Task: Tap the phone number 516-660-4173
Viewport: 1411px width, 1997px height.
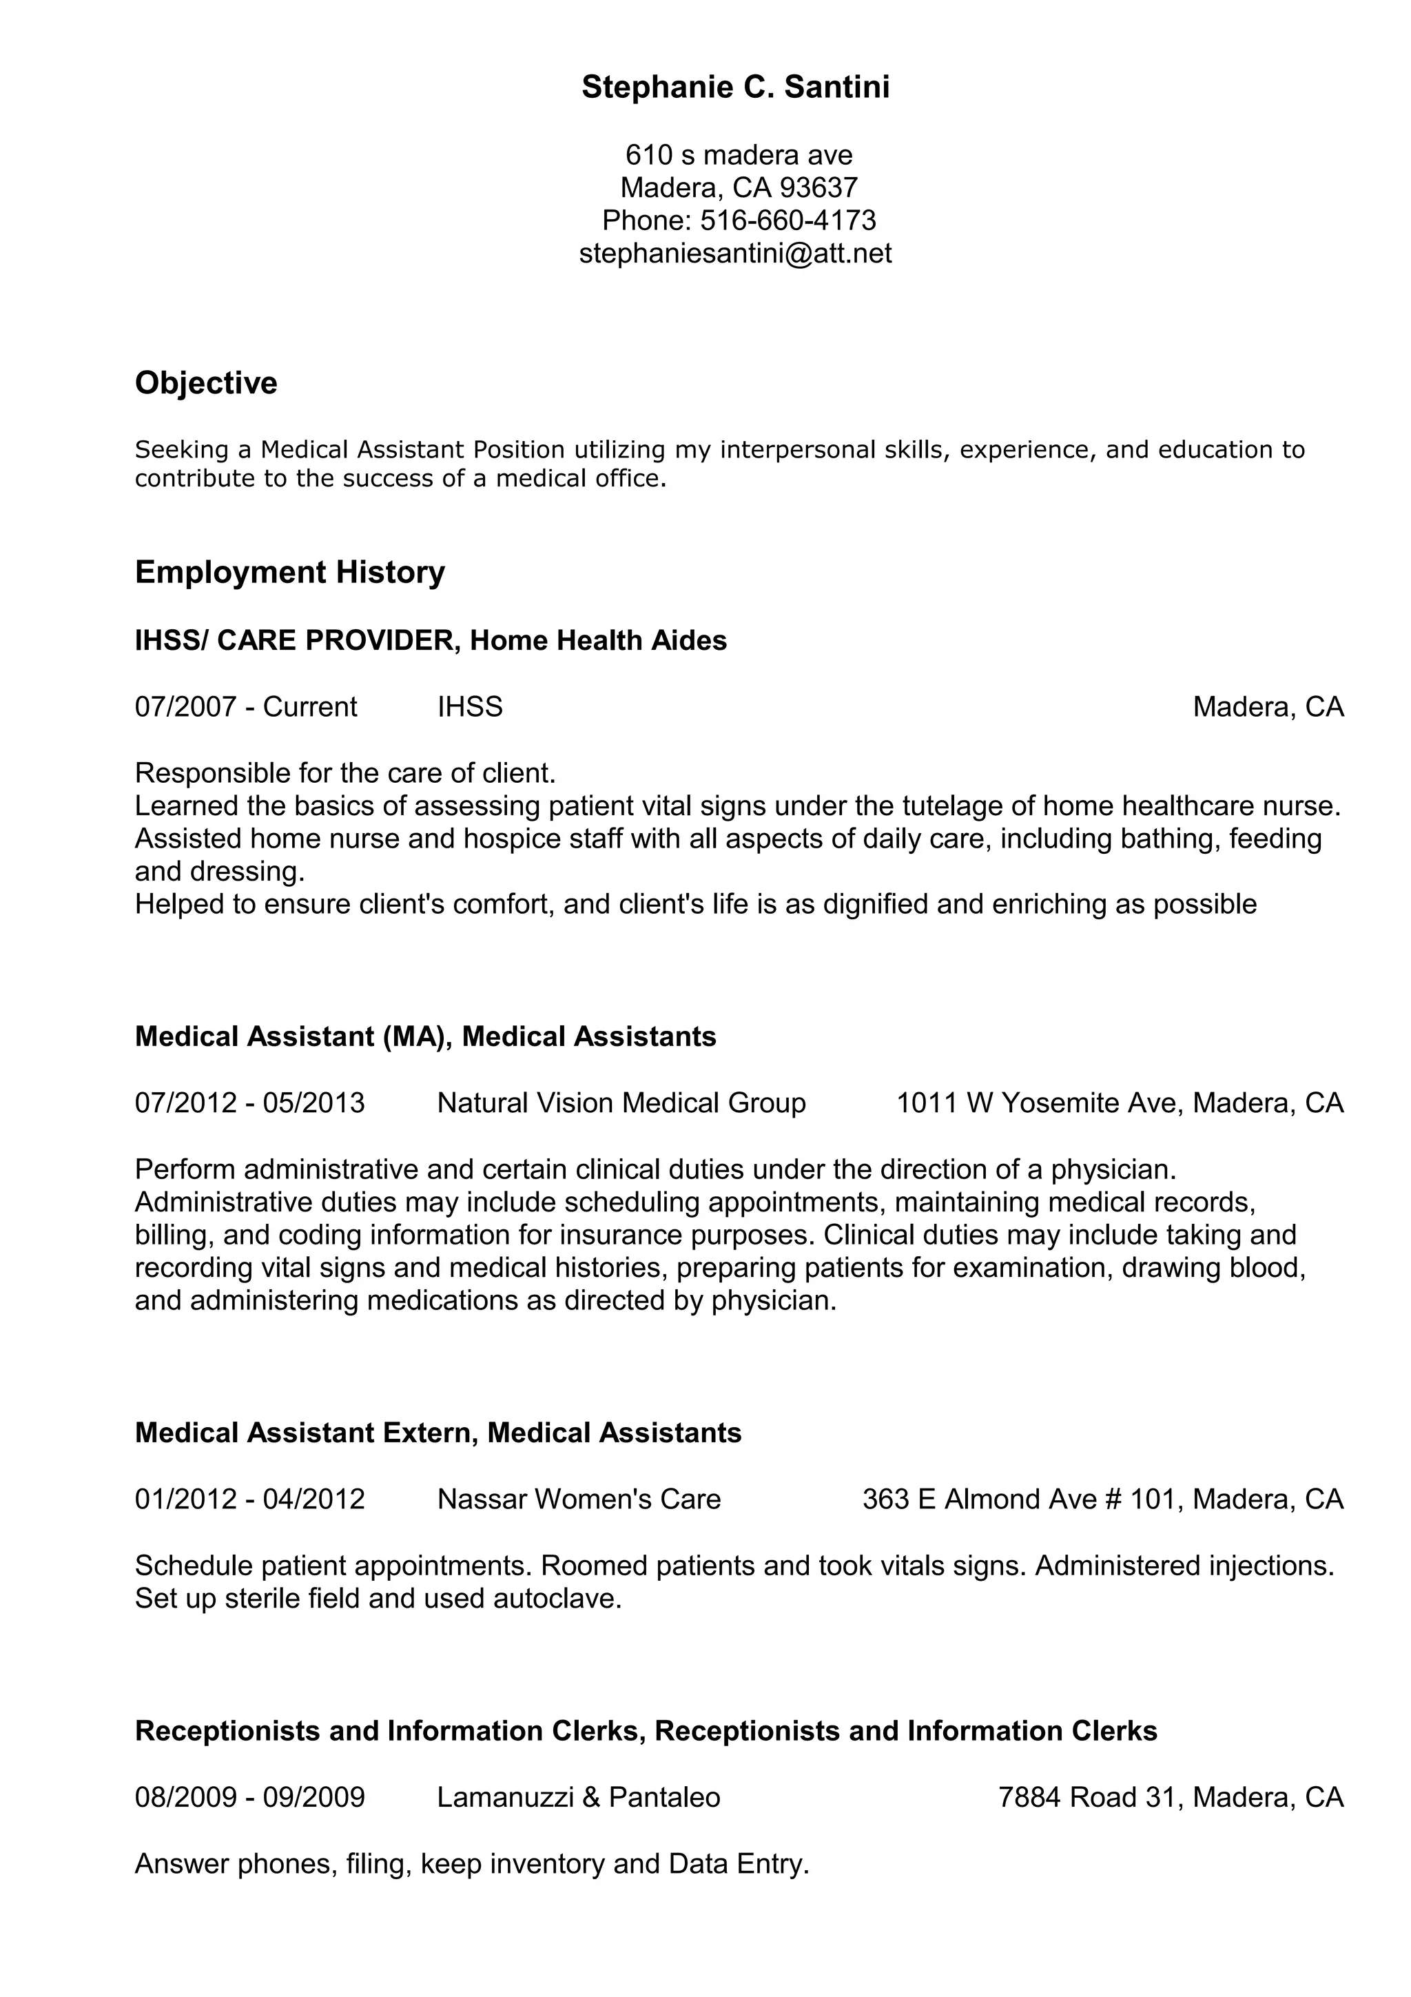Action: pyautogui.click(x=787, y=220)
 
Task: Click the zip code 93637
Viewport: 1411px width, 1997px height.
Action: pyautogui.click(x=818, y=187)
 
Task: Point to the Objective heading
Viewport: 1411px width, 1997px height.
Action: pyautogui.click(x=206, y=382)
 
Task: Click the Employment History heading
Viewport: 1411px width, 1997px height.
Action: pyautogui.click(x=289, y=573)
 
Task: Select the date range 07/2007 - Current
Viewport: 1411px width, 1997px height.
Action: pyautogui.click(x=245, y=706)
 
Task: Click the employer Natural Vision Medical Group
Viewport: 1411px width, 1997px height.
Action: pyautogui.click(x=621, y=1103)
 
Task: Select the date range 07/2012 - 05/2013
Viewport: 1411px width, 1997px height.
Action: pyautogui.click(x=249, y=1103)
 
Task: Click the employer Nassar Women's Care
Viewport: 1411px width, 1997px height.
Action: pyautogui.click(x=579, y=1499)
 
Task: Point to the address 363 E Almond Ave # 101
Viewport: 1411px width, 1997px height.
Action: pyautogui.click(x=1022, y=1499)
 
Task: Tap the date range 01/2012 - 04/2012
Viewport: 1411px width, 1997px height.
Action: pyautogui.click(x=249, y=1499)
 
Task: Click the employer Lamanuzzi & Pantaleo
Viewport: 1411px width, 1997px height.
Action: pyautogui.click(x=578, y=1797)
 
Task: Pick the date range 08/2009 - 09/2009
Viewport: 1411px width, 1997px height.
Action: pyautogui.click(x=249, y=1797)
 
